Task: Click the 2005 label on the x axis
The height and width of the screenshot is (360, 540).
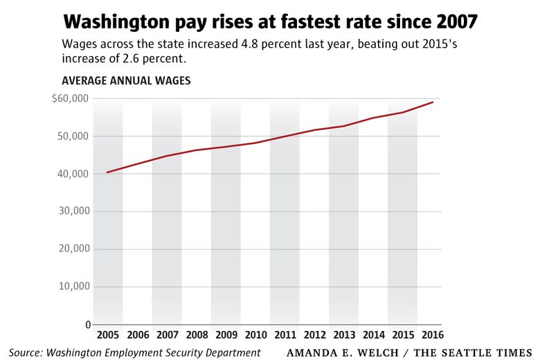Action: tap(107, 335)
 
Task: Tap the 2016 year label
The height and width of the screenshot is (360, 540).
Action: tap(432, 335)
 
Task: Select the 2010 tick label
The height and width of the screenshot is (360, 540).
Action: tap(255, 335)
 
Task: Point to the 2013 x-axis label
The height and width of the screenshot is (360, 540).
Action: tap(343, 335)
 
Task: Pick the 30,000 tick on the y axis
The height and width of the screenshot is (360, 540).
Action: tap(73, 211)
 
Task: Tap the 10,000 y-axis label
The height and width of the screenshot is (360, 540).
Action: tap(73, 287)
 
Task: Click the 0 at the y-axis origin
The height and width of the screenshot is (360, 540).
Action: tap(87, 324)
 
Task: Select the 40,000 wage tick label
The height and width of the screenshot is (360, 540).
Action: tap(73, 174)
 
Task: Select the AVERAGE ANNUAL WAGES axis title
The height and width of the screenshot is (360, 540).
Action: tap(126, 81)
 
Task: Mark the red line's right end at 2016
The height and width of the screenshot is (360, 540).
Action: tap(433, 102)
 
